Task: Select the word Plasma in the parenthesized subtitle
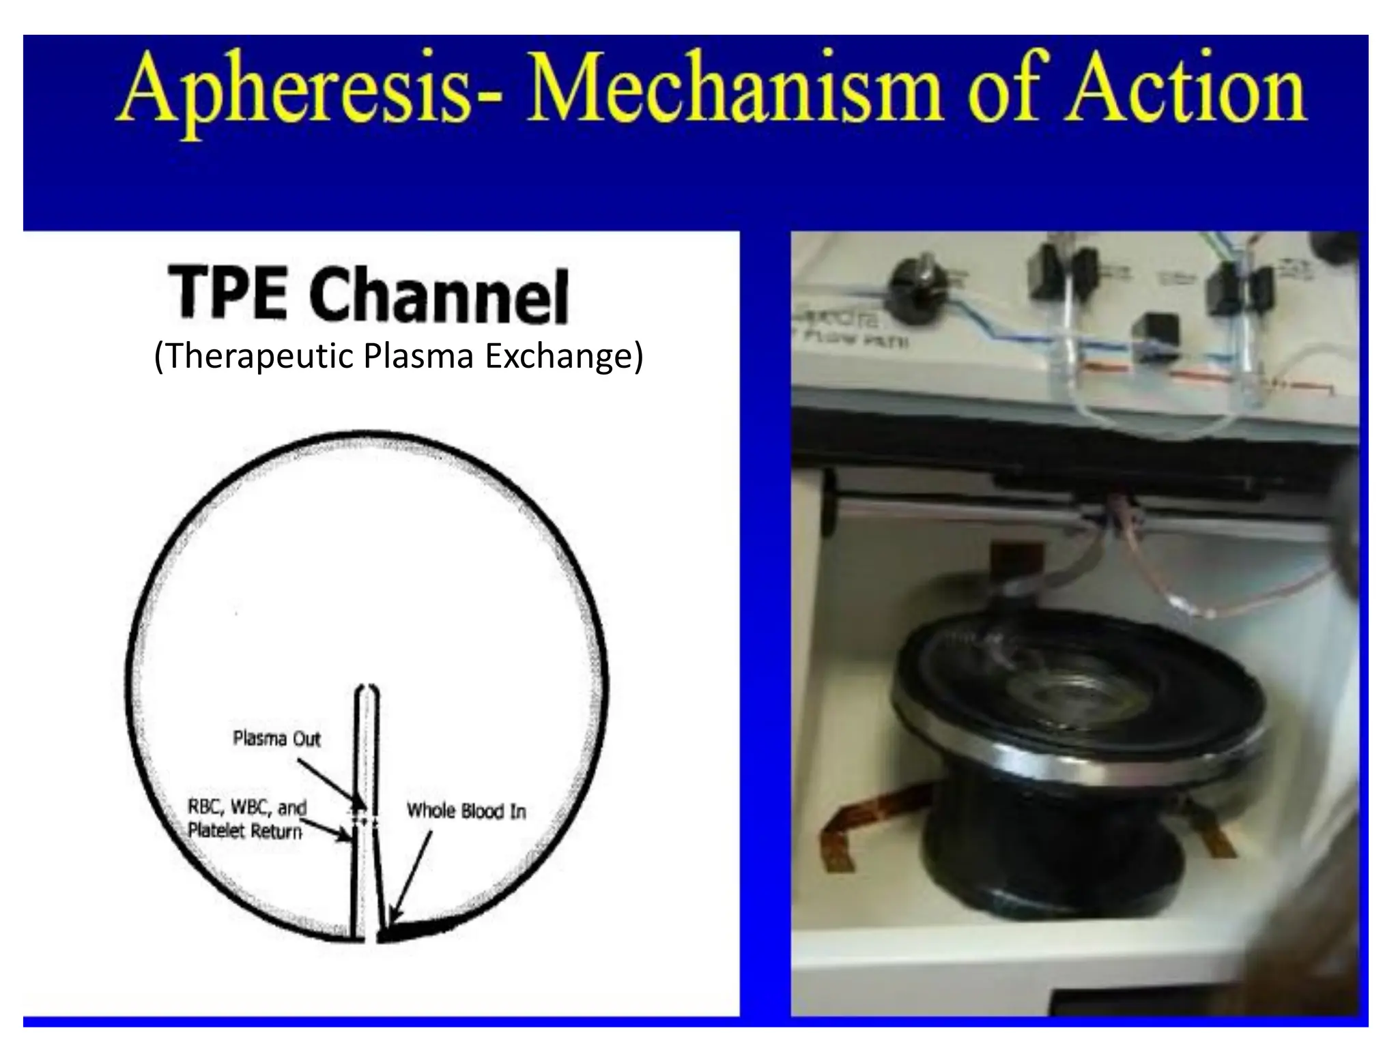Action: pyautogui.click(x=418, y=355)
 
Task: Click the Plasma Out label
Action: pyautogui.click(x=276, y=738)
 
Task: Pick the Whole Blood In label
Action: pyautogui.click(x=466, y=811)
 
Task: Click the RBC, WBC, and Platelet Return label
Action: pyautogui.click(x=246, y=819)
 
